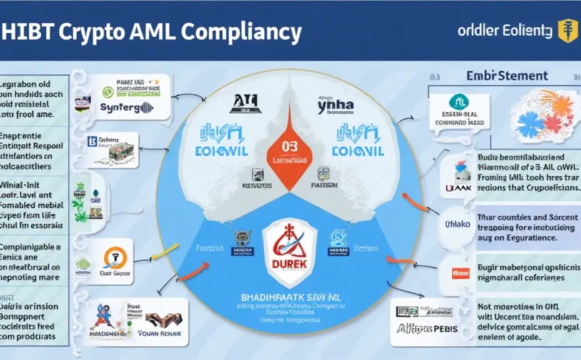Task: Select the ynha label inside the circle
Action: [x=335, y=106]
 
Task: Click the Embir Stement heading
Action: [x=507, y=76]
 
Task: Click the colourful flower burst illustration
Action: [x=540, y=114]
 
